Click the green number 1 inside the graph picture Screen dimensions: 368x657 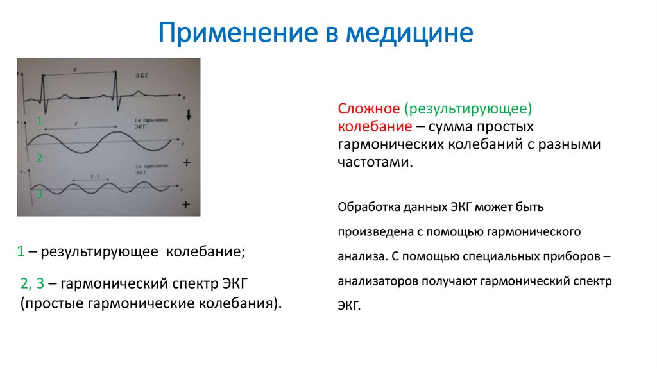(39, 121)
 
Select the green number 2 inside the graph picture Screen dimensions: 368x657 (39, 158)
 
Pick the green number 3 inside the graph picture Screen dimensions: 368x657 (39, 194)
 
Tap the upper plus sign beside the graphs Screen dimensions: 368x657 (187, 162)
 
